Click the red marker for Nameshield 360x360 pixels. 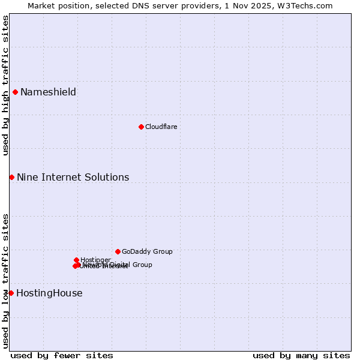tap(15, 92)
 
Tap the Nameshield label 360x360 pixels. tap(48, 92)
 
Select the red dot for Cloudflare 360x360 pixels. tap(141, 127)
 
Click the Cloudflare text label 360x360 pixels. tap(161, 127)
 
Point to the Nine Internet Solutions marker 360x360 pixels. tap(11, 177)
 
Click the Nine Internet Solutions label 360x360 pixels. tap(73, 177)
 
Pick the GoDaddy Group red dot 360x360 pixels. tap(118, 251)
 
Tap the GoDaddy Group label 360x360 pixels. tap(147, 251)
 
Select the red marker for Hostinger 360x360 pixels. tap(76, 260)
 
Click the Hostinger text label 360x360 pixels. tap(95, 260)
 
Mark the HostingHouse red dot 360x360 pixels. tap(11, 293)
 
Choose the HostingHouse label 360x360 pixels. tap(49, 293)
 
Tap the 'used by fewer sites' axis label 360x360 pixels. tap(62, 355)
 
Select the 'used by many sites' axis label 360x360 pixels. tap(301, 355)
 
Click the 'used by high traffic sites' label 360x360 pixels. tap(5, 85)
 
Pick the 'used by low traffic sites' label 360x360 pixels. tap(5, 281)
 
